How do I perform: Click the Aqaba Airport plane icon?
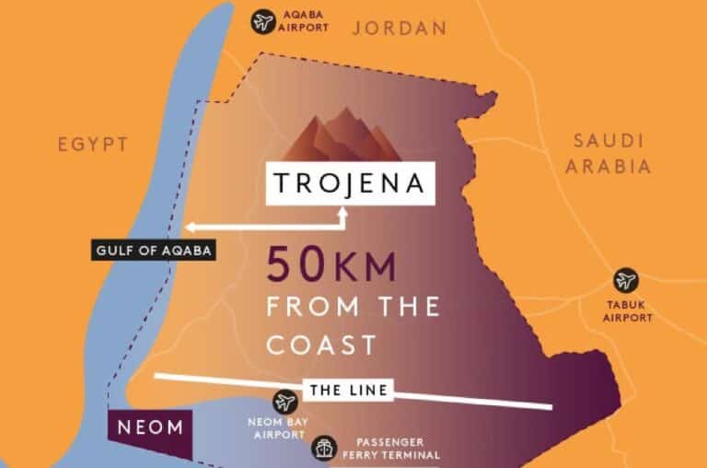(x=264, y=20)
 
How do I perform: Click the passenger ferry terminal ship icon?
(x=323, y=448)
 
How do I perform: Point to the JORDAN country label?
(x=400, y=29)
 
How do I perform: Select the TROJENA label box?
(x=348, y=182)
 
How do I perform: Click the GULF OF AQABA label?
(x=153, y=249)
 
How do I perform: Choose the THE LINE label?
(x=348, y=391)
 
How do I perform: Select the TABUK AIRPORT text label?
(x=627, y=311)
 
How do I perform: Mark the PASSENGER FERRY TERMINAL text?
(x=388, y=449)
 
